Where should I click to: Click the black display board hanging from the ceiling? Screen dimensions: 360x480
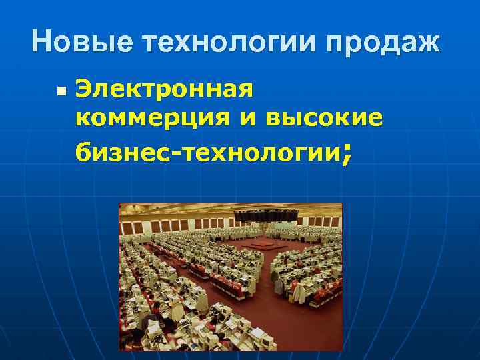click(264, 215)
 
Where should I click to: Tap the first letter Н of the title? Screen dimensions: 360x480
click(41, 43)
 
